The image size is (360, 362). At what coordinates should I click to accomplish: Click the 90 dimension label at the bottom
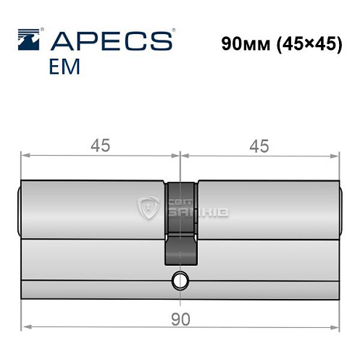coord(180,319)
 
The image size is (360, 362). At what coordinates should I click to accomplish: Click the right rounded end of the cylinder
coord(340,210)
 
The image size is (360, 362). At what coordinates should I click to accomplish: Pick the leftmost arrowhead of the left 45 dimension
coord(24,156)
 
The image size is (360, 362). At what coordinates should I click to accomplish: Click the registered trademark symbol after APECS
coord(172,31)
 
